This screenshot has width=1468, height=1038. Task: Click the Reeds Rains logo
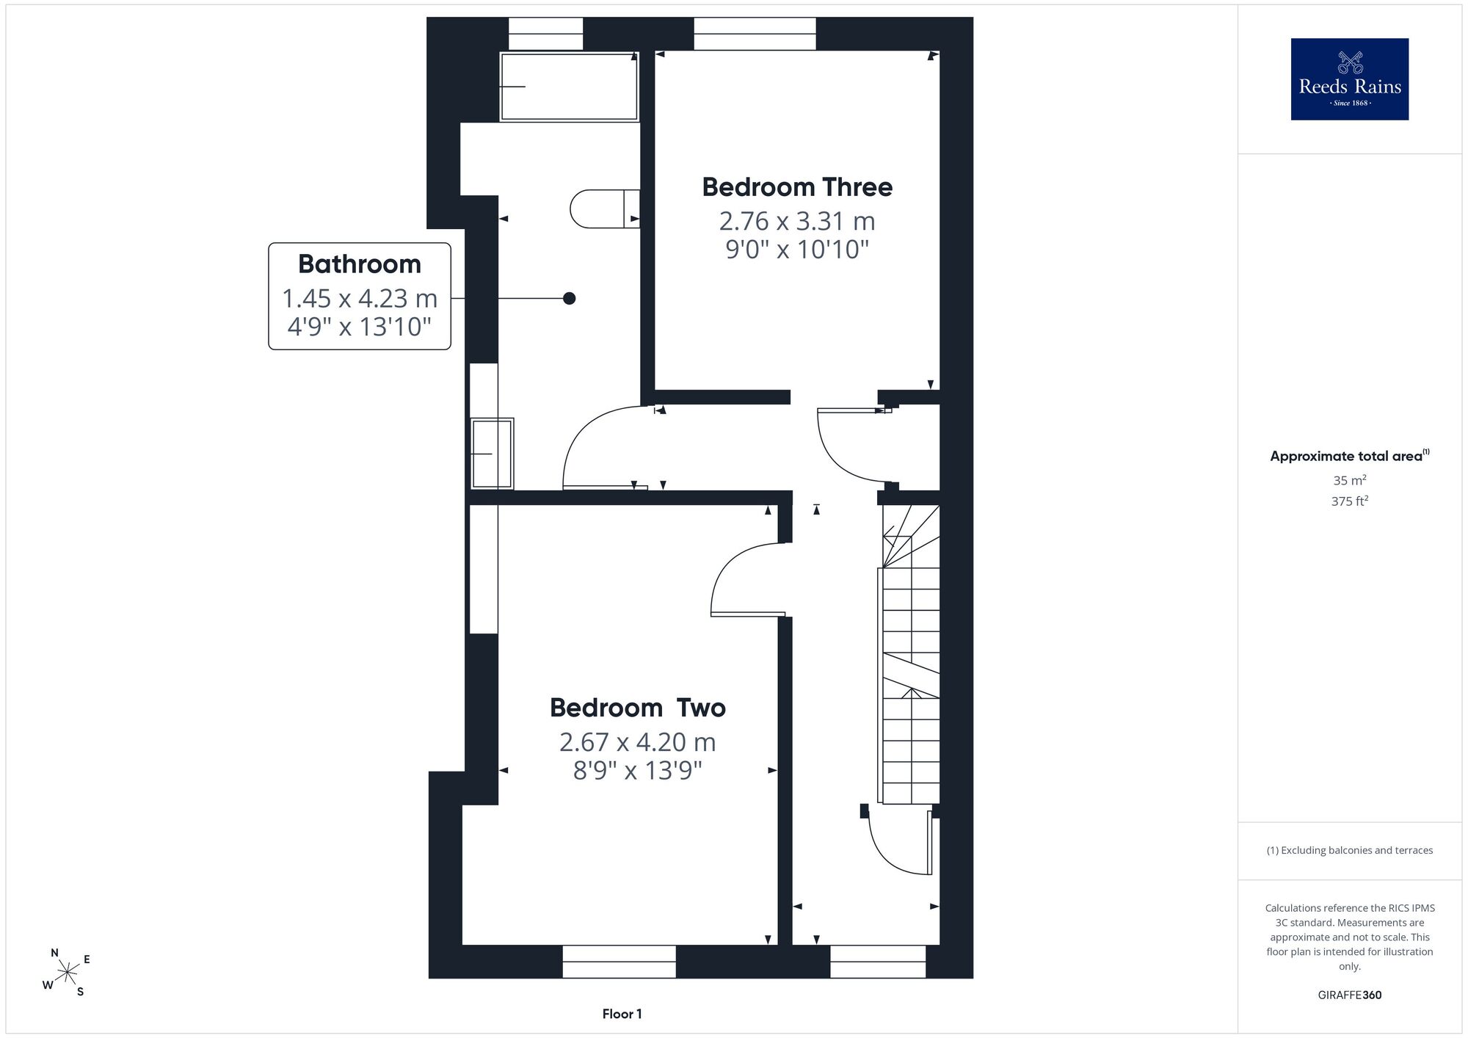coord(1349,79)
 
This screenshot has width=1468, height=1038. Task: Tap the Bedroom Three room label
coord(797,187)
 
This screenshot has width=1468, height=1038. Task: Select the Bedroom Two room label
coord(638,708)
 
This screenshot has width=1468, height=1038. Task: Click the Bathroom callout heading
coord(360,264)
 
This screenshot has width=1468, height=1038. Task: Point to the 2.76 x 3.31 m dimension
coord(797,221)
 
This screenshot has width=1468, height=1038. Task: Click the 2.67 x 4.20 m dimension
coord(638,742)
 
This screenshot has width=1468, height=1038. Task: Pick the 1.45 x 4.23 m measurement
coord(360,299)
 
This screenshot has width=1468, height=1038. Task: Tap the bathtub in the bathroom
coord(570,86)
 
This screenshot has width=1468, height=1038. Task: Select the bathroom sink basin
coord(493,454)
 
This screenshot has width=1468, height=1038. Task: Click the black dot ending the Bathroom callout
coord(569,298)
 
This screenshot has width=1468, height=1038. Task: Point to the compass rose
coord(67,973)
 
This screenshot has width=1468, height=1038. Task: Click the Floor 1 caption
coord(622,1014)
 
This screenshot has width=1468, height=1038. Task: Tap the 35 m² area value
coord(1350,481)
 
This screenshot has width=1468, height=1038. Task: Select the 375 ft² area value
coord(1350,501)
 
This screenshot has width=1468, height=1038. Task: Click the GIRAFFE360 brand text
coord(1350,995)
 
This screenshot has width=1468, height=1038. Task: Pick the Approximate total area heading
coord(1350,456)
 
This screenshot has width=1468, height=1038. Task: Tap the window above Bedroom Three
coord(755,34)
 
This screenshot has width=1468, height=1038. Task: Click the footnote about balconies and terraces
coord(1350,850)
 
